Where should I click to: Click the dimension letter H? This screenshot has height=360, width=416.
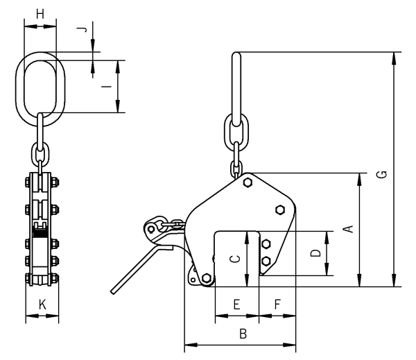point(40,14)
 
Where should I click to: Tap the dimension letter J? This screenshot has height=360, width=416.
point(84,29)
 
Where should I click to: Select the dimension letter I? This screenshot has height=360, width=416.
point(107,87)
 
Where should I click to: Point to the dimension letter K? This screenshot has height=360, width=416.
point(42,305)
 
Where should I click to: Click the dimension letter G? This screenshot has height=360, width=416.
point(382,174)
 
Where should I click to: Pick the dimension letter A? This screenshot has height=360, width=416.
point(350,229)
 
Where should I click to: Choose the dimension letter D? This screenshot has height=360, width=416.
point(315,253)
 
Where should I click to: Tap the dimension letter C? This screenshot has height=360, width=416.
point(235,259)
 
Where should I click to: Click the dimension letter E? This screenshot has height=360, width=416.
point(236,305)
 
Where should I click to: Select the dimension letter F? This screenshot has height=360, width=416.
point(277,305)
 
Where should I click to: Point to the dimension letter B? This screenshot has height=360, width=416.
point(243,334)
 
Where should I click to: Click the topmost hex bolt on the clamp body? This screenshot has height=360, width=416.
point(248,182)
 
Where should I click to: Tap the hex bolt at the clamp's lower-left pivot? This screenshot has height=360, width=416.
point(206,278)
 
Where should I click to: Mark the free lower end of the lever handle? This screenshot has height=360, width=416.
point(113,292)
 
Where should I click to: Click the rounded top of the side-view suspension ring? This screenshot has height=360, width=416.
point(236,54)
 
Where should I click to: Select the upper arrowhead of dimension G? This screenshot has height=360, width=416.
point(395,58)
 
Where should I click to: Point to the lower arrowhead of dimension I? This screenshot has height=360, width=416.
point(118,106)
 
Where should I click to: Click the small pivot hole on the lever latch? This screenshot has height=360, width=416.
point(151,229)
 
